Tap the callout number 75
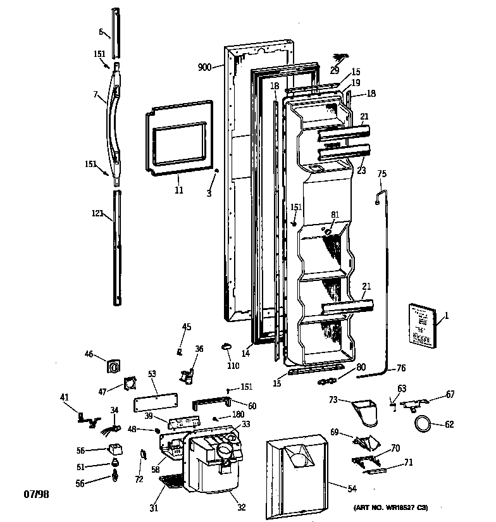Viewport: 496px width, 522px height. click(x=381, y=173)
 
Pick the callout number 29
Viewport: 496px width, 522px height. click(x=334, y=70)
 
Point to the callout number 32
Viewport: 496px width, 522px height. click(x=242, y=506)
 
